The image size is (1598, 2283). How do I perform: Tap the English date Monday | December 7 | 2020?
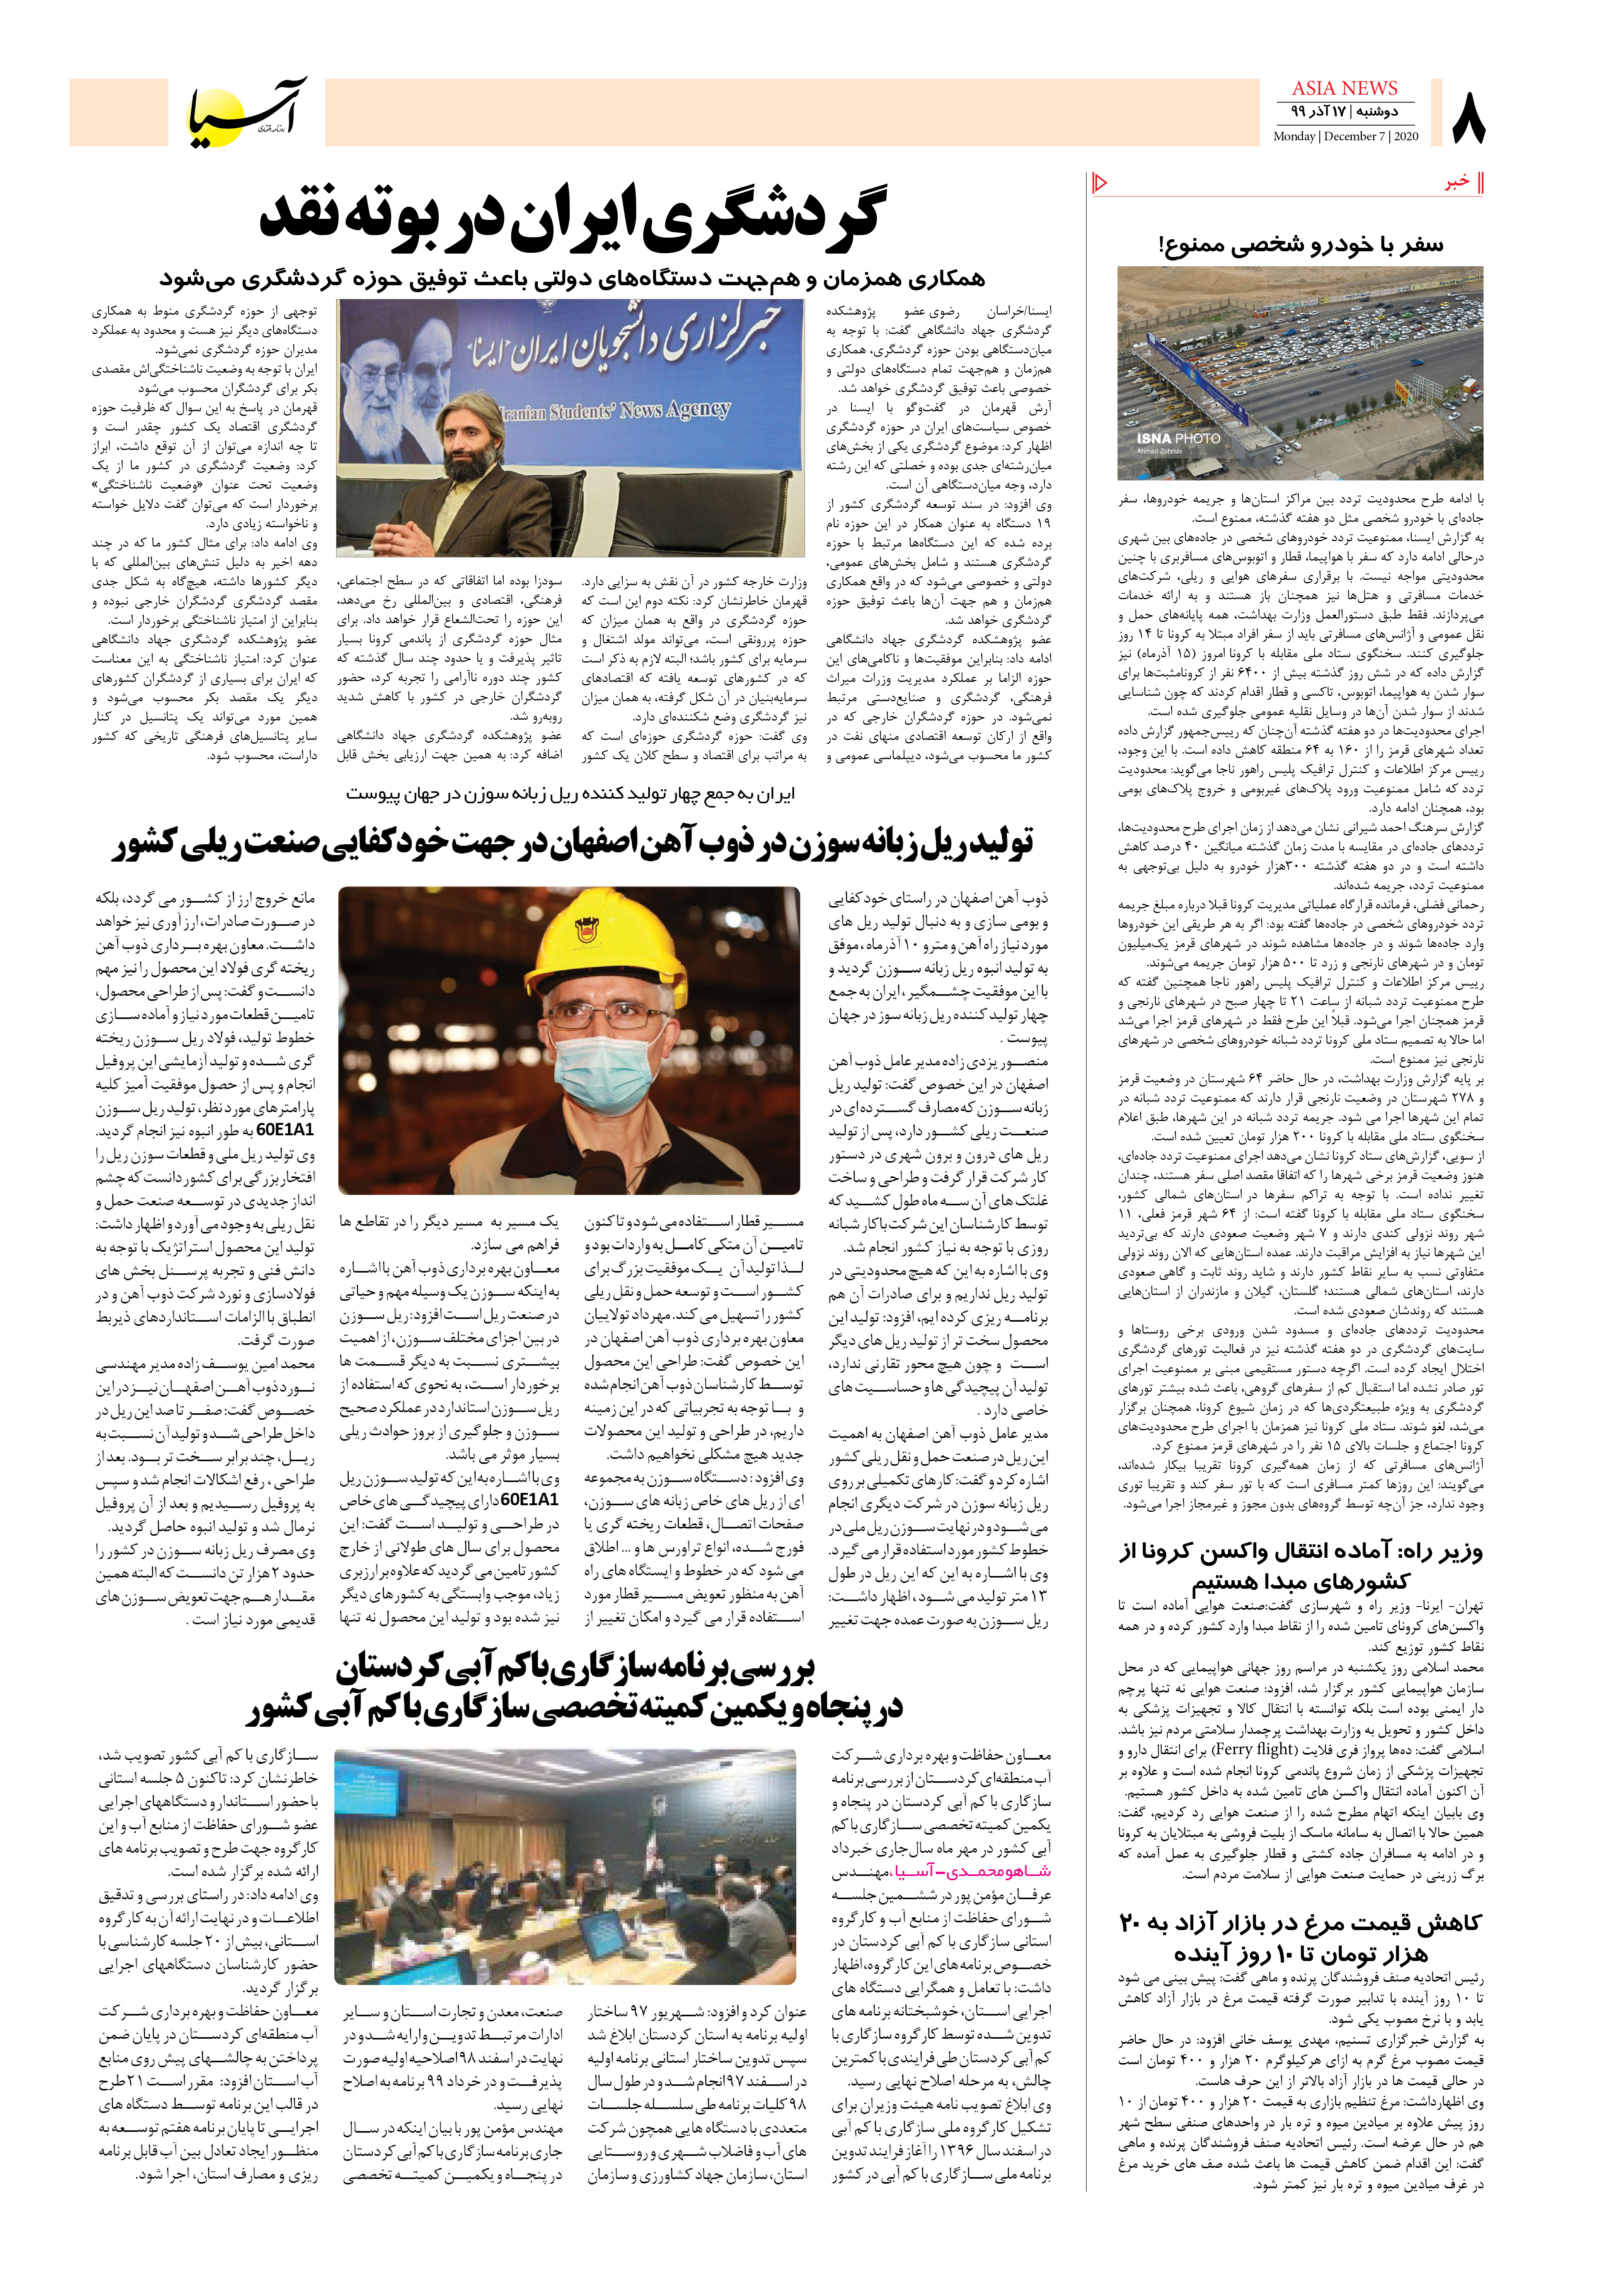1346,136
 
